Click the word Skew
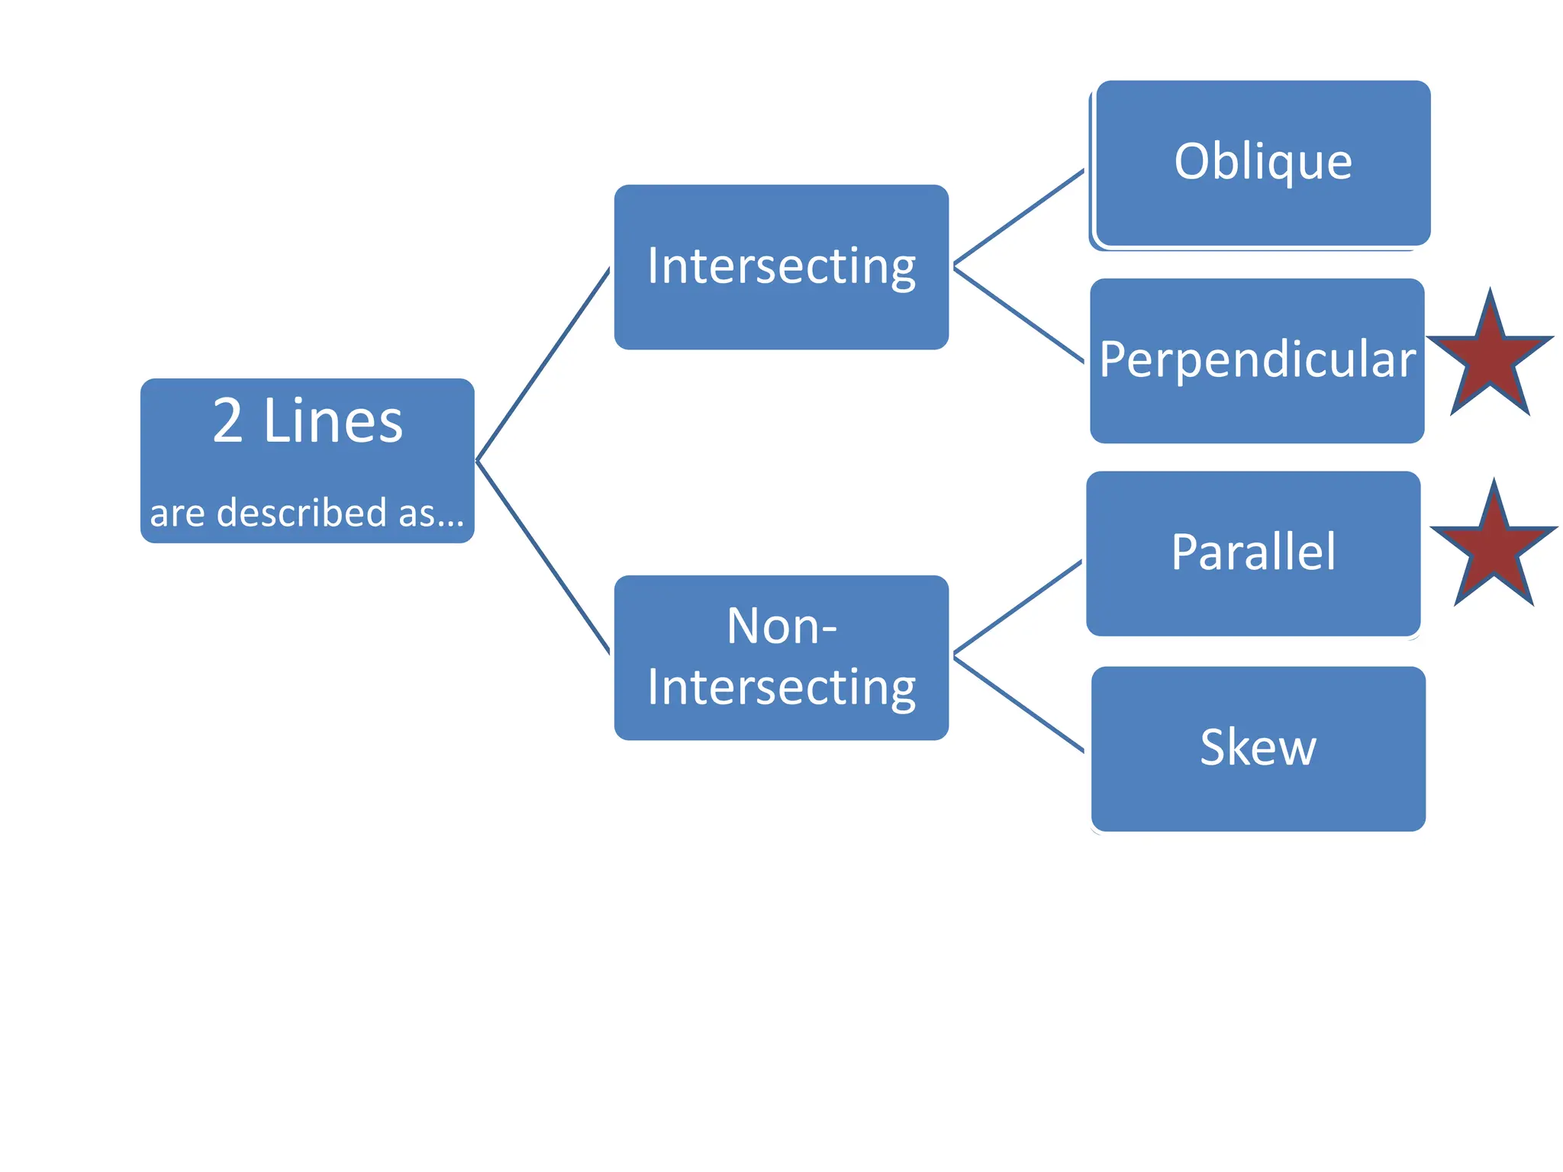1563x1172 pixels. pos(1258,747)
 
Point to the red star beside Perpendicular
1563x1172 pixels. pos(1490,359)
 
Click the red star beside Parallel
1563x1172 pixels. pos(1494,550)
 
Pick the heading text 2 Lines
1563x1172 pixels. pos(307,421)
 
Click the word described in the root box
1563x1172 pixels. pos(301,513)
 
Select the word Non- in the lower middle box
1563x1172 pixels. pos(781,626)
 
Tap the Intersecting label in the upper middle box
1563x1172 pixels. pos(781,266)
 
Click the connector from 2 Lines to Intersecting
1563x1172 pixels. pos(543,365)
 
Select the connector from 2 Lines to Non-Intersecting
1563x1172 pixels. pos(543,557)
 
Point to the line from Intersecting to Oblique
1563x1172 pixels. pos(1019,217)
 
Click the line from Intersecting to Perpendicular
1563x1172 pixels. pos(1019,314)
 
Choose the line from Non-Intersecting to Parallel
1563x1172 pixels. pos(1018,607)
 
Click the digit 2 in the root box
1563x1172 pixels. pos(227,421)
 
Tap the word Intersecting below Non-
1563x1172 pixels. pos(781,687)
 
